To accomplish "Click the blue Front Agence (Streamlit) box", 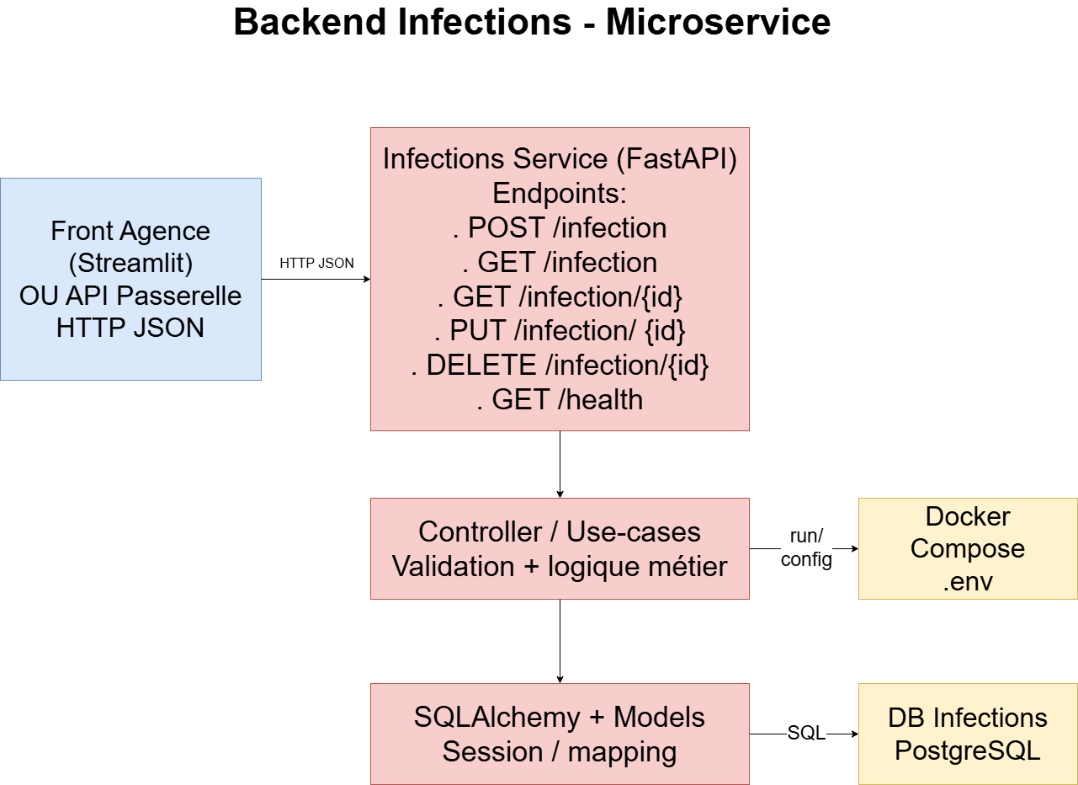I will pyautogui.click(x=130, y=279).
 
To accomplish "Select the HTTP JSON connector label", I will pyautogui.click(x=316, y=264).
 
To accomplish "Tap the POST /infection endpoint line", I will pyautogui.click(x=560, y=228).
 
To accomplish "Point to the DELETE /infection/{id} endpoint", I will pyautogui.click(x=560, y=366).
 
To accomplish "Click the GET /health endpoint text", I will pyautogui.click(x=560, y=399).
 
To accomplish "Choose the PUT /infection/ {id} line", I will pyautogui.click(x=560, y=331).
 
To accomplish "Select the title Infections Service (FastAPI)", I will pyautogui.click(x=560, y=159).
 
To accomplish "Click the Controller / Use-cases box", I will pyautogui.click(x=560, y=548).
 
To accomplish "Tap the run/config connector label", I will pyautogui.click(x=806, y=548).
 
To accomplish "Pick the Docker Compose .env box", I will pyautogui.click(x=968, y=548).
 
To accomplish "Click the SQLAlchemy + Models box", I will pyautogui.click(x=560, y=734).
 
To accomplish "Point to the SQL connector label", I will pyautogui.click(x=806, y=734).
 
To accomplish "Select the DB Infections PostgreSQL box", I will pyautogui.click(x=968, y=734).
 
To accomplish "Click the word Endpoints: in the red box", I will pyautogui.click(x=560, y=194).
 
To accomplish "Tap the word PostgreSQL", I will pyautogui.click(x=968, y=750).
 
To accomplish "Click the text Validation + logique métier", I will pyautogui.click(x=560, y=567).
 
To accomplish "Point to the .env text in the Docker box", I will pyautogui.click(x=968, y=582).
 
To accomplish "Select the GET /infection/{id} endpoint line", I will pyautogui.click(x=560, y=297).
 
